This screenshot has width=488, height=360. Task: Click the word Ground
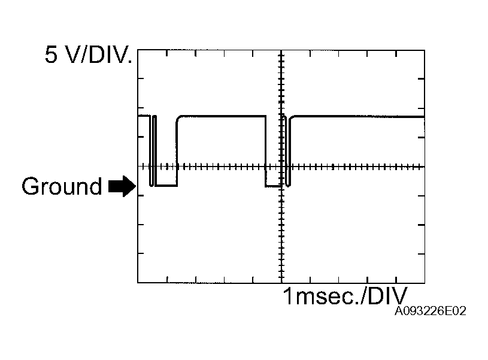click(x=62, y=186)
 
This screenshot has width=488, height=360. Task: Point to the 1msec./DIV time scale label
click(x=345, y=296)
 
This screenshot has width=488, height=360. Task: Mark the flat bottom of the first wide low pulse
click(x=166, y=186)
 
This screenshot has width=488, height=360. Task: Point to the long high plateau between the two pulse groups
click(x=222, y=116)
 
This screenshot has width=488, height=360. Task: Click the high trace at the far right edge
click(x=423, y=116)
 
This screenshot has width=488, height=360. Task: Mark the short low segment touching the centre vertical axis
click(x=272, y=186)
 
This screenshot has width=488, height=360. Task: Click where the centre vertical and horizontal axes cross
click(x=281, y=167)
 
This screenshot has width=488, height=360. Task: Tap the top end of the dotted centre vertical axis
click(x=281, y=52)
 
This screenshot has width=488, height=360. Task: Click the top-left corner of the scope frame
click(x=138, y=50)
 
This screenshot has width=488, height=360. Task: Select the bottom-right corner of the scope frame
click(x=425, y=283)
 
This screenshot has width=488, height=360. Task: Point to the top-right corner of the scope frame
click(x=425, y=50)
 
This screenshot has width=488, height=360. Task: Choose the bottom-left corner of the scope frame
click(x=138, y=283)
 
